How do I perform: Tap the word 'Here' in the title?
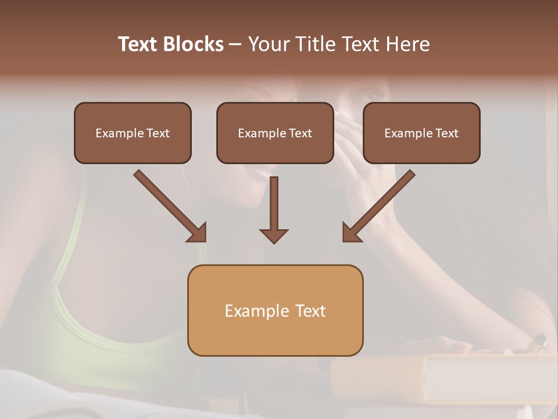pyautogui.click(x=407, y=44)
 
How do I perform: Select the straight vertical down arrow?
pyautogui.click(x=274, y=210)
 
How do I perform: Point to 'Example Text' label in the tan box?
pyautogui.click(x=275, y=311)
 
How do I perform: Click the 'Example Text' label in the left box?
pyautogui.click(x=133, y=133)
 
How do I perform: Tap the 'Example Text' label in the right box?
pyautogui.click(x=421, y=133)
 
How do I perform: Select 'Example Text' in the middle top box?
pyautogui.click(x=275, y=133)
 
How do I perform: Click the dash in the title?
pyautogui.click(x=235, y=45)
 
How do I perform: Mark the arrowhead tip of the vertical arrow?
pyautogui.click(x=274, y=242)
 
